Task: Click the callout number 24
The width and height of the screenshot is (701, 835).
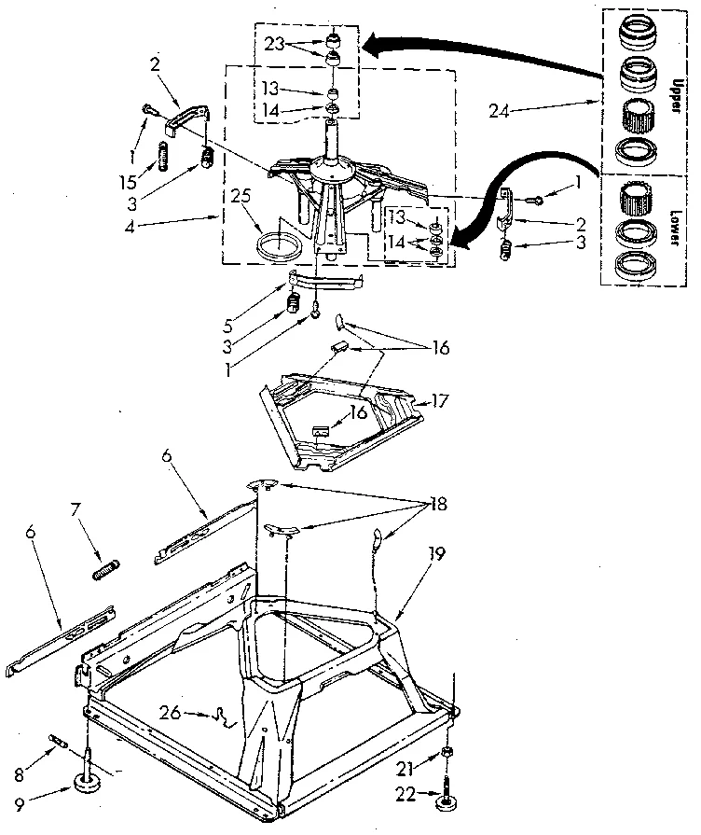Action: pyautogui.click(x=500, y=110)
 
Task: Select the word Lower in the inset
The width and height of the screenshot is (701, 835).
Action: pyautogui.click(x=670, y=223)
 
